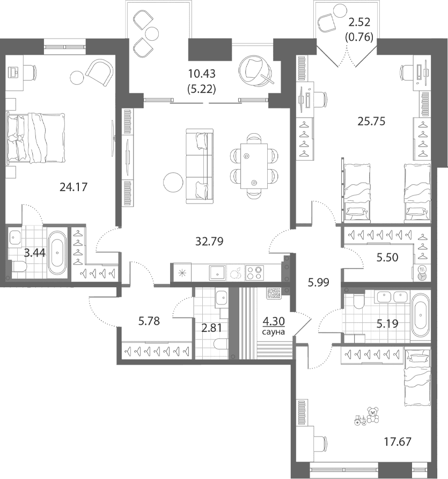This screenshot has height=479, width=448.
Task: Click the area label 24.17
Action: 74,187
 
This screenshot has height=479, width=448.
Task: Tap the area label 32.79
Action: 209,241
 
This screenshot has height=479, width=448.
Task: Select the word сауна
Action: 274,332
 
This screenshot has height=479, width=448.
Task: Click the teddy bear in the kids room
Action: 373,415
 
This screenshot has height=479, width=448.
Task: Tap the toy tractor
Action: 360,420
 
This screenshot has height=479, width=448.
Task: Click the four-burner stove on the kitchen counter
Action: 254,273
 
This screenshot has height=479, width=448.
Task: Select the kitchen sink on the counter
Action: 217,273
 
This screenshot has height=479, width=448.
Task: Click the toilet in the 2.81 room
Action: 221,344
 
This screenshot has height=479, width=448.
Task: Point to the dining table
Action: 254,166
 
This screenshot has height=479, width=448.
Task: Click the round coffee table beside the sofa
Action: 173,183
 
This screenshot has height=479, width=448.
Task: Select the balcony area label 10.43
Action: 202,74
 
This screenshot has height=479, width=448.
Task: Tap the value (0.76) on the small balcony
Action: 359,37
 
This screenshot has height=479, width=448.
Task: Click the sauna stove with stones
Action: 274,294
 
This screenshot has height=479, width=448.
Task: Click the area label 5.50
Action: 387,258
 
